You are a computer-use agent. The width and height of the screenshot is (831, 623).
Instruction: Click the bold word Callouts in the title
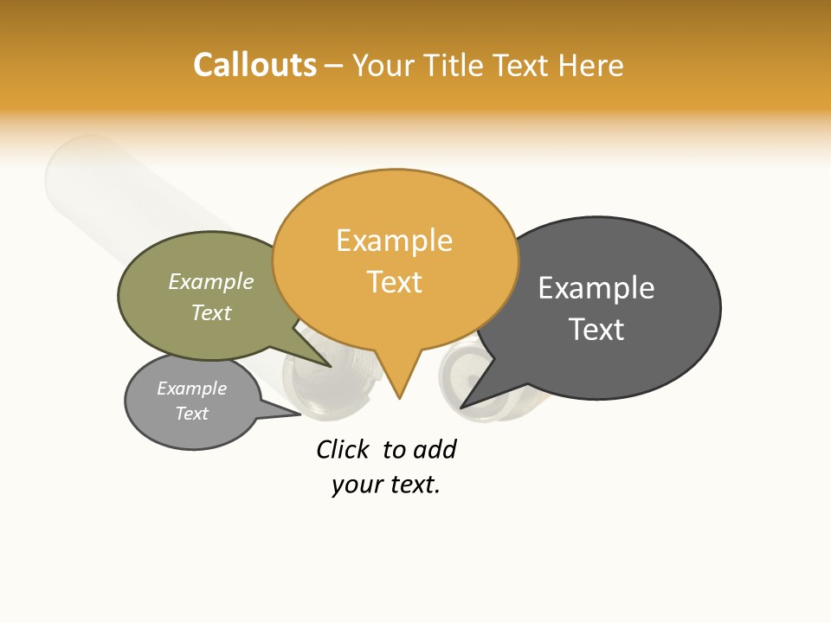click(254, 65)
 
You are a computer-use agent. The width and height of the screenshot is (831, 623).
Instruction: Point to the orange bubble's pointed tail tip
click(399, 397)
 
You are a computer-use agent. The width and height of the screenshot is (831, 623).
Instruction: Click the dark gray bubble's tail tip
click(462, 407)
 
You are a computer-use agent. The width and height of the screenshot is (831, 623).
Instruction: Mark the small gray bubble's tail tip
click(300, 414)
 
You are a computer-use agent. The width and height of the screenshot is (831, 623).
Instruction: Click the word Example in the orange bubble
click(394, 241)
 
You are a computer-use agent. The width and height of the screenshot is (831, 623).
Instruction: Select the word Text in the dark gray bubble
click(596, 330)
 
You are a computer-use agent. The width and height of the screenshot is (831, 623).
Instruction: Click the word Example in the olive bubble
click(211, 282)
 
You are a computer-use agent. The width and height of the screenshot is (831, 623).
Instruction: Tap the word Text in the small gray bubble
click(192, 414)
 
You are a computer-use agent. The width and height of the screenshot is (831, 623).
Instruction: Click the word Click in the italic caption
click(342, 449)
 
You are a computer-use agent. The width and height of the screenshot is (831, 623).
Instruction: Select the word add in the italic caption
click(435, 449)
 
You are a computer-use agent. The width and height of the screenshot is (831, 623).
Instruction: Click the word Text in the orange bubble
click(395, 282)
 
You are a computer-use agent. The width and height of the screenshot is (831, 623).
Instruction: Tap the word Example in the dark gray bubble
click(596, 288)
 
